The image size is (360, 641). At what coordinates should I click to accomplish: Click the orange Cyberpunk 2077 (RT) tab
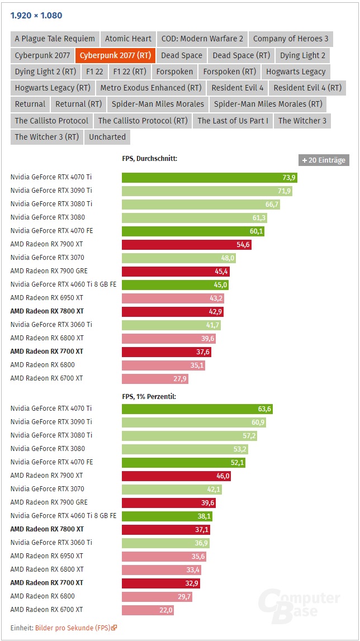pyautogui.click(x=115, y=55)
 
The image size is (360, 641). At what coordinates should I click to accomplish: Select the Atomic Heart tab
pyautogui.click(x=128, y=39)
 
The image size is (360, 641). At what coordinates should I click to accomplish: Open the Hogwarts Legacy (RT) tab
pyautogui.click(x=53, y=88)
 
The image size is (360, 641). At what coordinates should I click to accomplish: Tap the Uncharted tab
pyautogui.click(x=107, y=137)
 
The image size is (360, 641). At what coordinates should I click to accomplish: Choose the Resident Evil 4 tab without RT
pyautogui.click(x=238, y=88)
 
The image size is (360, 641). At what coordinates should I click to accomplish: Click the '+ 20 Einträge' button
pyautogui.click(x=324, y=160)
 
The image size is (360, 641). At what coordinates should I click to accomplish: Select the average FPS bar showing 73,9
pyautogui.click(x=210, y=178)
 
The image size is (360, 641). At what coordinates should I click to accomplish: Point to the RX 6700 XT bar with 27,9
pyautogui.click(x=155, y=378)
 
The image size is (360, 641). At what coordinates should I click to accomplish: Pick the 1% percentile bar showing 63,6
pyautogui.click(x=197, y=409)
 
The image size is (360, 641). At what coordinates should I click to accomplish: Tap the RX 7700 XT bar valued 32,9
pyautogui.click(x=160, y=583)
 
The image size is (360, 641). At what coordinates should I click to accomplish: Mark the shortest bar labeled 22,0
pyautogui.click(x=148, y=610)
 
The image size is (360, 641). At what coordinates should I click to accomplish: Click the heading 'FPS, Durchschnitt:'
pyautogui.click(x=149, y=159)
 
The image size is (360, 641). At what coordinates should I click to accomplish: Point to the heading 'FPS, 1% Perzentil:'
pyautogui.click(x=150, y=396)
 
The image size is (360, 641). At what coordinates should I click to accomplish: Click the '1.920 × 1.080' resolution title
pyautogui.click(x=36, y=15)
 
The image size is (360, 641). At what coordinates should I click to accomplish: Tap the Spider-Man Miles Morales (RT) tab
pyautogui.click(x=268, y=104)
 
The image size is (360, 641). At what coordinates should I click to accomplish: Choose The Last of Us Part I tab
pyautogui.click(x=233, y=120)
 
